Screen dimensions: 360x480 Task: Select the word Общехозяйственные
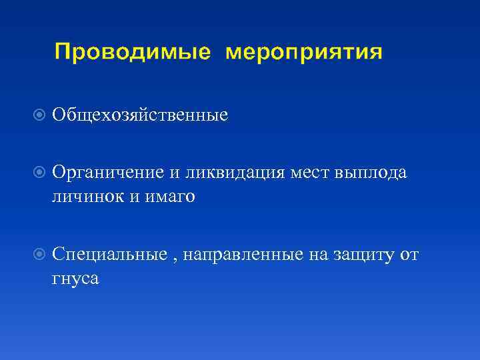(x=140, y=115)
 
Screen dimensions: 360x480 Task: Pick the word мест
(x=311, y=173)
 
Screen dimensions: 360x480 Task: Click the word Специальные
(x=109, y=254)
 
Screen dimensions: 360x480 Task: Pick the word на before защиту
(x=317, y=255)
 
